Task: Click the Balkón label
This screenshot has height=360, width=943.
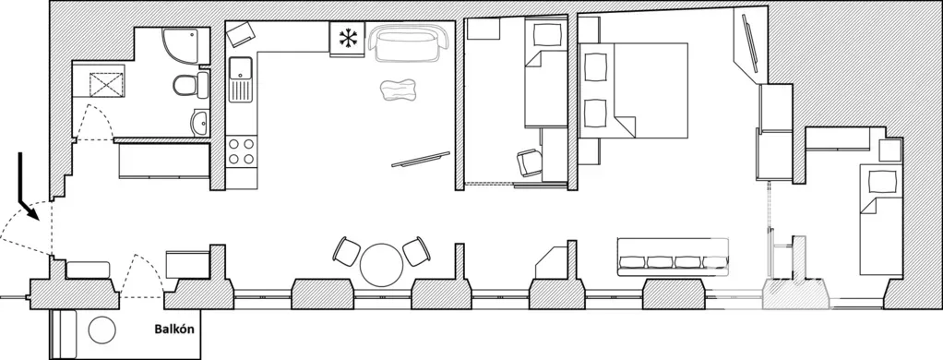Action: pyautogui.click(x=173, y=330)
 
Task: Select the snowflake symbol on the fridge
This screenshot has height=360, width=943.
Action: pyautogui.click(x=347, y=38)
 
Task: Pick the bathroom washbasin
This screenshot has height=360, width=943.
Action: pyautogui.click(x=199, y=124)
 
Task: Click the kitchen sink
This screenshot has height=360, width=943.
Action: pyautogui.click(x=241, y=79)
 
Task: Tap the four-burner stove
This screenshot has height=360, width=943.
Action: pyautogui.click(x=242, y=151)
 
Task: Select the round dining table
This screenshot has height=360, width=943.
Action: pyautogui.click(x=381, y=265)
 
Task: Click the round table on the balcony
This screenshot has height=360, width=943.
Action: pyautogui.click(x=102, y=330)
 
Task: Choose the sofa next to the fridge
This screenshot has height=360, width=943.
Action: pyautogui.click(x=409, y=43)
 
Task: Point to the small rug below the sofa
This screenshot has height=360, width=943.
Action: pyautogui.click(x=398, y=90)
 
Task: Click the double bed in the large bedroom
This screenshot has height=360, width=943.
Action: pyautogui.click(x=633, y=90)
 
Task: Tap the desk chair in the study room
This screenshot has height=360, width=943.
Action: pyautogui.click(x=530, y=162)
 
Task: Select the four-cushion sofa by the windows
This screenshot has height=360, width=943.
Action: pyautogui.click(x=673, y=257)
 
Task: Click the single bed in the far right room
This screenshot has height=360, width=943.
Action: pyautogui.click(x=881, y=220)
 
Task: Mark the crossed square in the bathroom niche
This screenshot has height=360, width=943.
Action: pyautogui.click(x=106, y=84)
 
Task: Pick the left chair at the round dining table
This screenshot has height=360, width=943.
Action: pyautogui.click(x=347, y=252)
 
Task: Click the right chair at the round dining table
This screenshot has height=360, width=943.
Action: pyautogui.click(x=416, y=252)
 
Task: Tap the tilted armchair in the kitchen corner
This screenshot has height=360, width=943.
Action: pyautogui.click(x=240, y=34)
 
